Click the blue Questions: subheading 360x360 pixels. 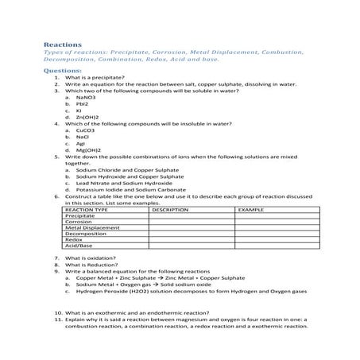click(x=62, y=70)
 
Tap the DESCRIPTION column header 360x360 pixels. click(x=169, y=210)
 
